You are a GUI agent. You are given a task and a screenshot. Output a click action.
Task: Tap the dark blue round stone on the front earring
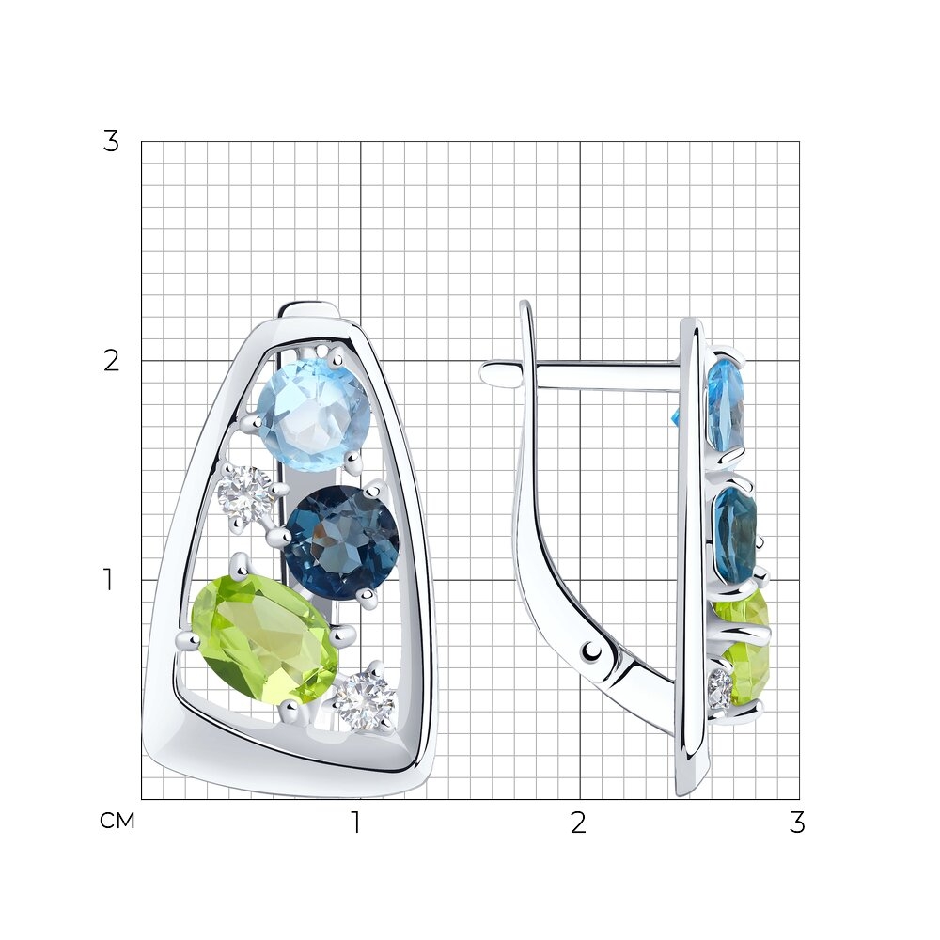coord(340,543)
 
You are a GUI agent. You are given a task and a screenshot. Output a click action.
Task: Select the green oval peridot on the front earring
coord(264,643)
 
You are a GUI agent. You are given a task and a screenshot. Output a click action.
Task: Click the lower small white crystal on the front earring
coord(365,699)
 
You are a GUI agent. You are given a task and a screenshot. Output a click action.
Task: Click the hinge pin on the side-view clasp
coord(593,650)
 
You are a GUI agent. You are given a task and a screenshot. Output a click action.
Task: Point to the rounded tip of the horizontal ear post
coord(486,371)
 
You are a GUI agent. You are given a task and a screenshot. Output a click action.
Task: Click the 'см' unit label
coord(117,821)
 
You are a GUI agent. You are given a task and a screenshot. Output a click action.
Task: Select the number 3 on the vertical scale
coord(111,142)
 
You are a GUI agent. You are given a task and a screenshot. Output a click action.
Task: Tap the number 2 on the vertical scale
coord(112,361)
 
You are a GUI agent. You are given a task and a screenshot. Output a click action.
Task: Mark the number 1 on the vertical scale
coord(108,580)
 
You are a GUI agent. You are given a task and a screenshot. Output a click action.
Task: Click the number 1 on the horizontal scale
coord(356,822)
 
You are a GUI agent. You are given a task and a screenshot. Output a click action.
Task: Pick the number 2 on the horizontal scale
coord(578,822)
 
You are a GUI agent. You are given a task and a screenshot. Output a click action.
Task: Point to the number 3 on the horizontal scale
coord(796,822)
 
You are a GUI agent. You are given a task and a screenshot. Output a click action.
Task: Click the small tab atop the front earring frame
coord(310,310)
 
